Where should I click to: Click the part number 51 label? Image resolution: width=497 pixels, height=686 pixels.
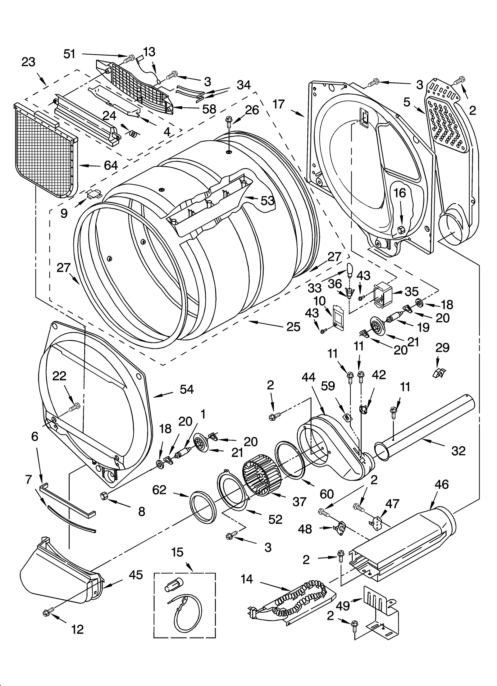(x=69, y=54)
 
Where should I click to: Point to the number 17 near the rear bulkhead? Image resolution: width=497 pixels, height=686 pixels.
(x=279, y=104)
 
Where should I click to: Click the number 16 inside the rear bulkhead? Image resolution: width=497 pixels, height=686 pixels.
(x=400, y=193)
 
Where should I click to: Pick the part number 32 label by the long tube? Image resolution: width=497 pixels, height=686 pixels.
(x=458, y=451)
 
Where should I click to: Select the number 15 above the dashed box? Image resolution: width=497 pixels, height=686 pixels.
(x=177, y=552)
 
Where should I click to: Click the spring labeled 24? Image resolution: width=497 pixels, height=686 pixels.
(x=133, y=134)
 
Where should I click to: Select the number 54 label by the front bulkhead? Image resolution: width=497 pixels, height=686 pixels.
(x=187, y=389)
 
